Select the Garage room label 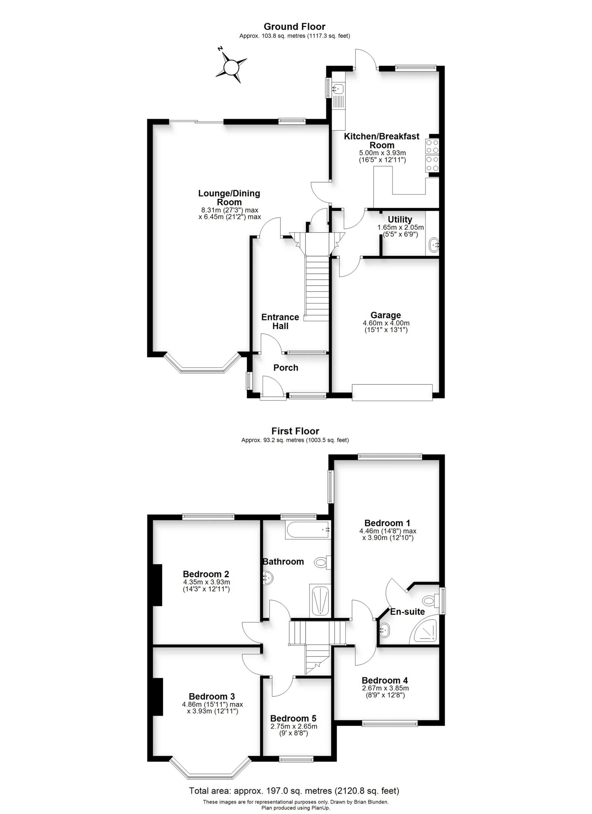[386, 315]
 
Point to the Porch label [286, 368]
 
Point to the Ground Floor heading [294, 27]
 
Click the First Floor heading [295, 431]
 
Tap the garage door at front [393, 392]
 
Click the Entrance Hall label [280, 321]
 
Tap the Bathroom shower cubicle [319, 600]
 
